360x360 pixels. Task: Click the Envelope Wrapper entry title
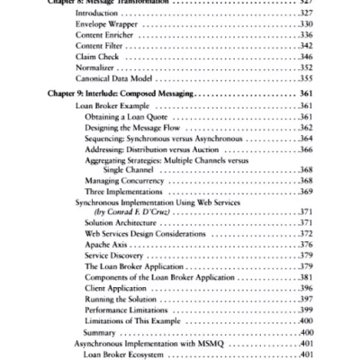pyautogui.click(x=101, y=28)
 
